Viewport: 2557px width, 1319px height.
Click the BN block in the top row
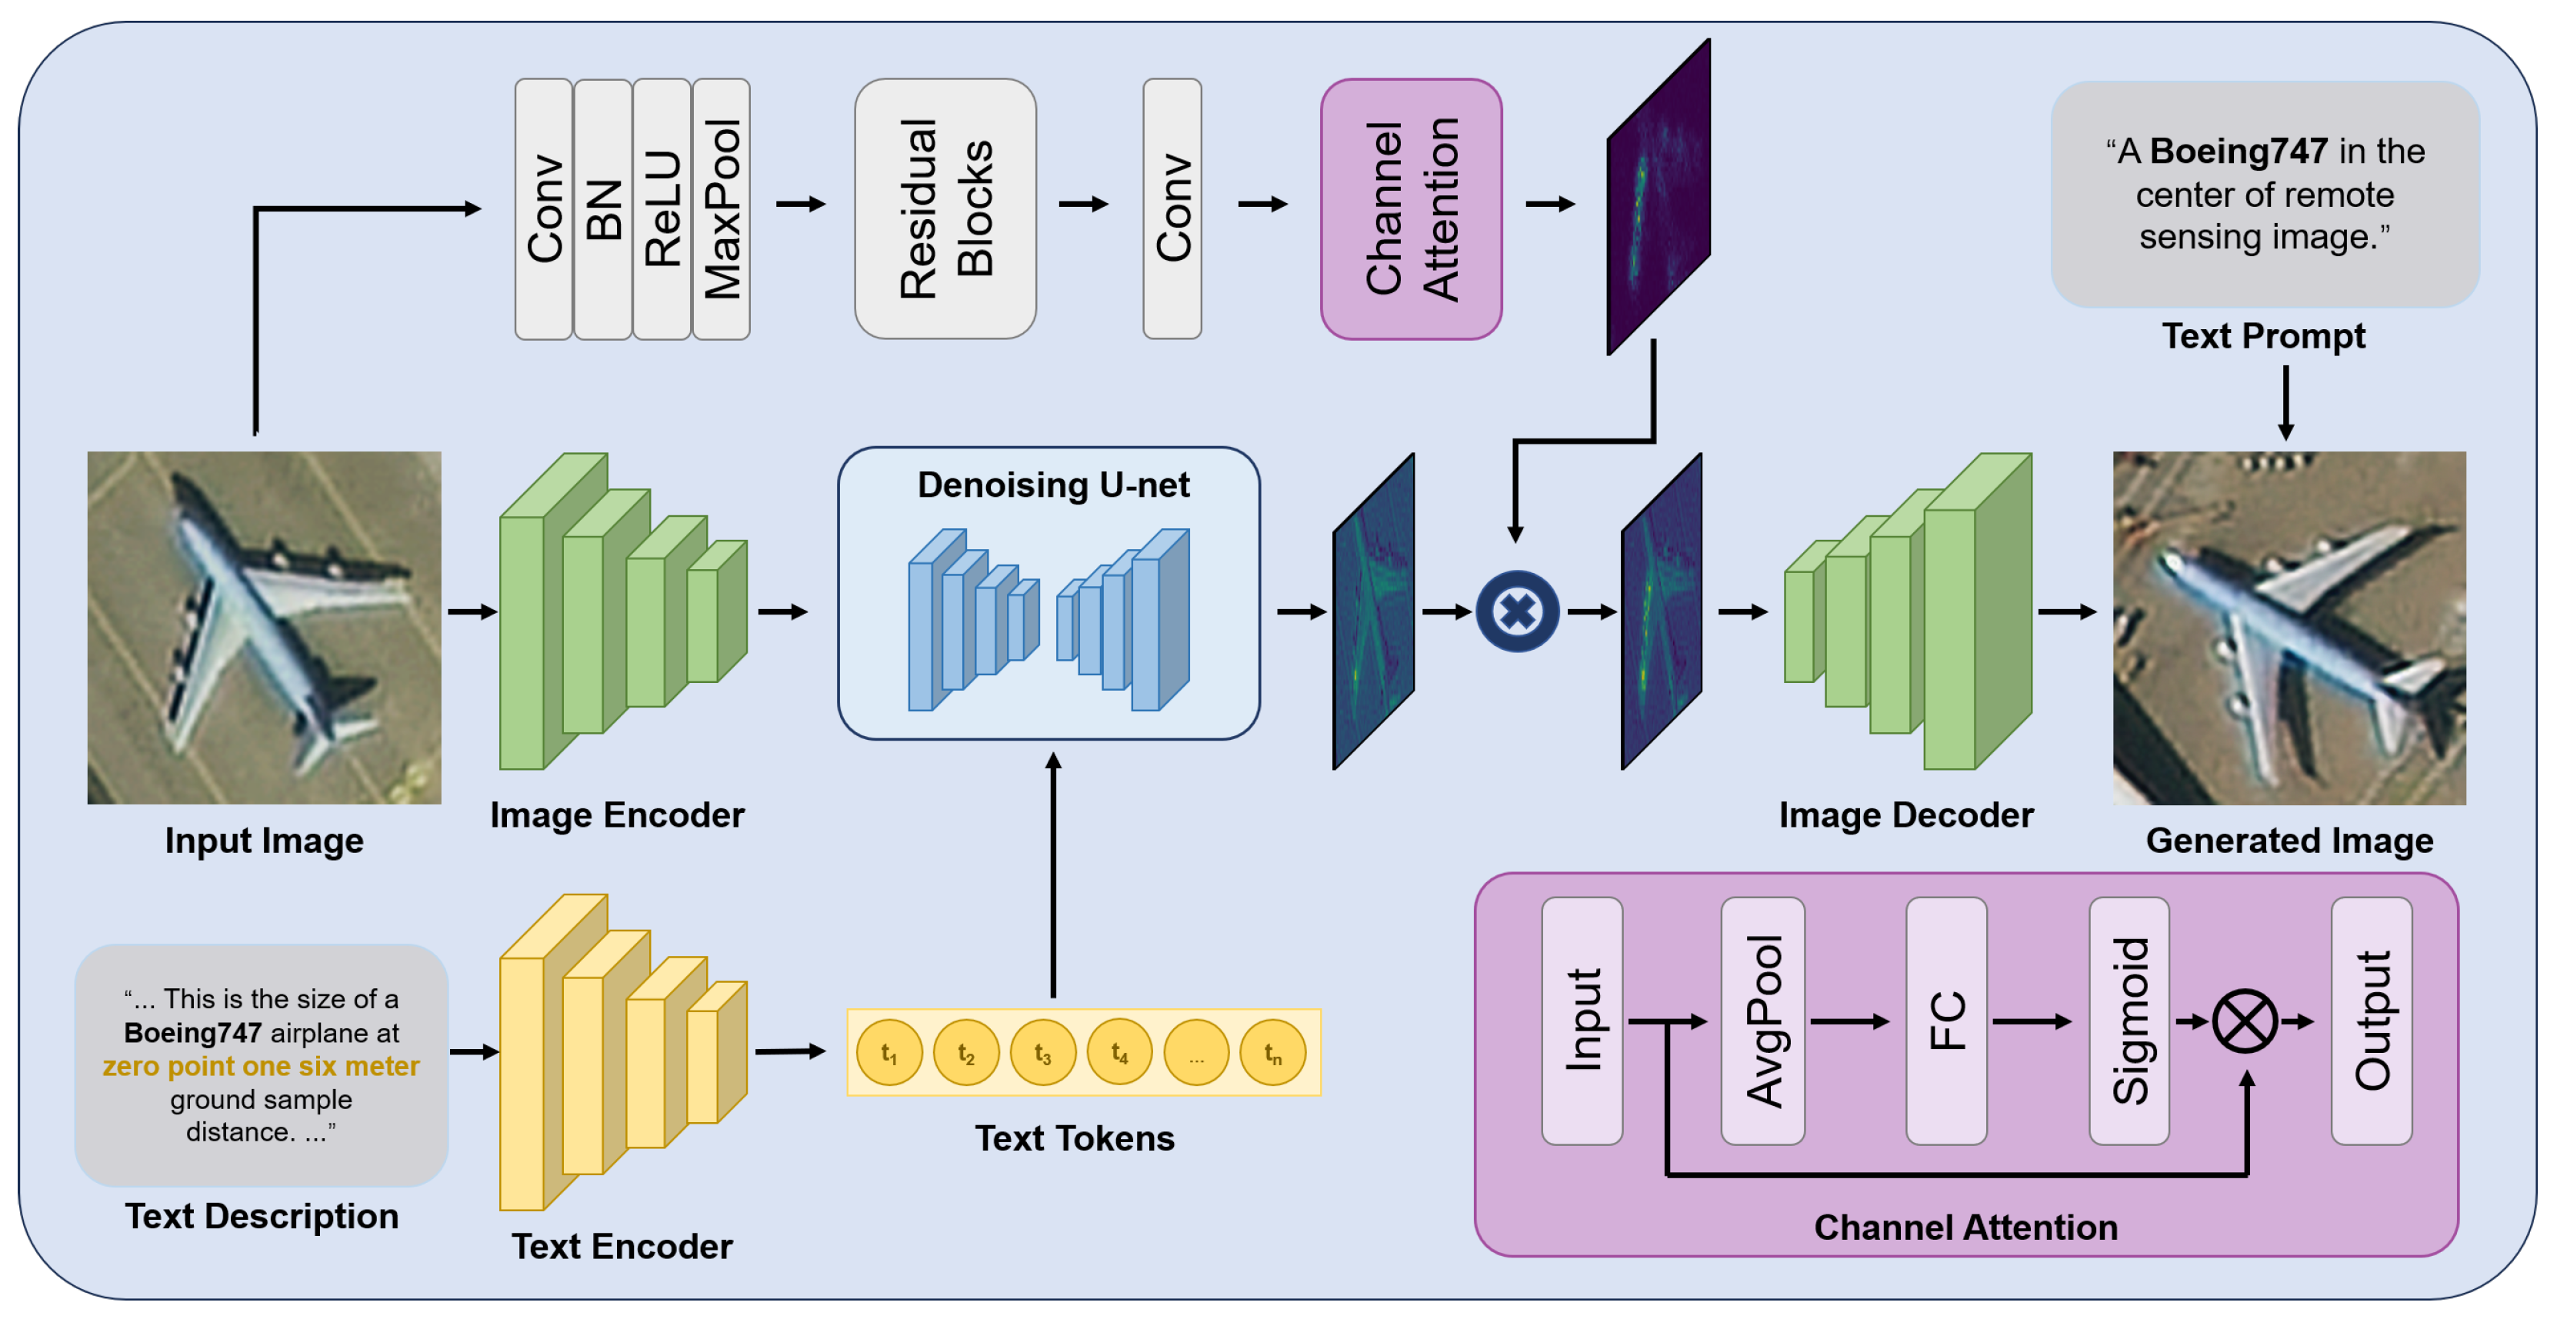click(602, 209)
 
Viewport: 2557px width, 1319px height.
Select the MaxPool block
click(722, 209)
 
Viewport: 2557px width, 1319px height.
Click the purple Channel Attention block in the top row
click(1411, 209)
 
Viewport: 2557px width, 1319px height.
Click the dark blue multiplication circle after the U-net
click(1517, 611)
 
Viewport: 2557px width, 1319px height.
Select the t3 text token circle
click(1042, 1053)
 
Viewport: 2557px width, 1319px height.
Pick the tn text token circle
click(1272, 1053)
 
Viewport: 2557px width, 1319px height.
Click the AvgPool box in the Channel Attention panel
click(1763, 1021)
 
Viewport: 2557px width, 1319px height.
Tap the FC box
click(1945, 1021)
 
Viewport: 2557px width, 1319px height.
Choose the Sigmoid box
click(2129, 1021)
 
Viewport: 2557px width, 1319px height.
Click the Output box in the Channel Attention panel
click(2372, 1021)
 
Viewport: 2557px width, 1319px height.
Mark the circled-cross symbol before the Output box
click(2245, 1021)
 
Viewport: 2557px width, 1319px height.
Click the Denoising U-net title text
click(1052, 485)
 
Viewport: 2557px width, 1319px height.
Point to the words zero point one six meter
click(261, 1067)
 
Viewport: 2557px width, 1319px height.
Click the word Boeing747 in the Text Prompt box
click(2239, 152)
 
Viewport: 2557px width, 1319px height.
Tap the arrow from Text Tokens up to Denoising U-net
click(1053, 874)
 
